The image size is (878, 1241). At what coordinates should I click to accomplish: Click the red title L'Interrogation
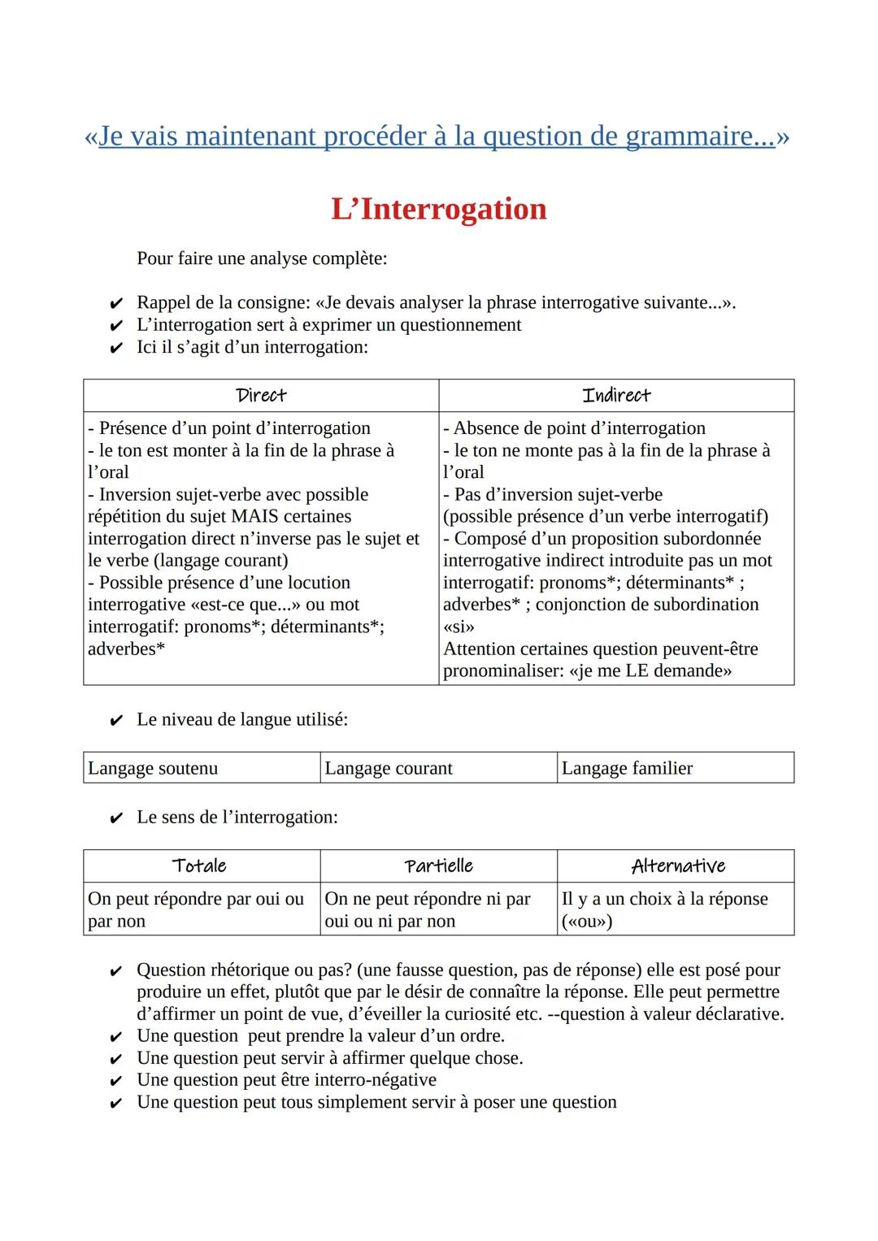438,209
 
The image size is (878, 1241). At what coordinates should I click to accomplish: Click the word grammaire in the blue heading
699,136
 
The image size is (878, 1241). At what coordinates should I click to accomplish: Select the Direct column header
261,396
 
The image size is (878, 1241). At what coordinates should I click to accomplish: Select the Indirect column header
616,396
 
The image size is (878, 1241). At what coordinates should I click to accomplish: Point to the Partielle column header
438,866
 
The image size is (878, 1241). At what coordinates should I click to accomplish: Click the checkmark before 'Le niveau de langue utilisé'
115,721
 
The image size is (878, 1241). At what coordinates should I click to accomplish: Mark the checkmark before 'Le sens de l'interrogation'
115,818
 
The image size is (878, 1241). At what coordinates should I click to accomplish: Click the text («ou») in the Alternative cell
586,922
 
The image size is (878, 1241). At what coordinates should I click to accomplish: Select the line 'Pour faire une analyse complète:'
262,258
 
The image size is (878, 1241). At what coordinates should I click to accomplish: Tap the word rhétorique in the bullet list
252,970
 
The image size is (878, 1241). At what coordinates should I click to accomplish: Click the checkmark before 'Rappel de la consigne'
115,304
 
